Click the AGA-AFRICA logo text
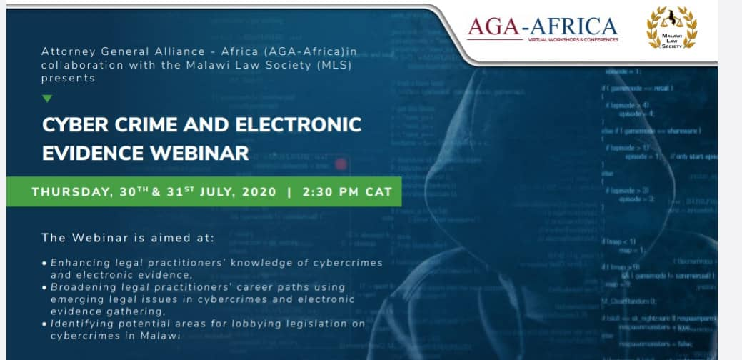(x=543, y=26)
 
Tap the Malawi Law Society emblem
(x=671, y=28)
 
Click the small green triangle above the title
(x=47, y=99)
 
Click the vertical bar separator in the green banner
(x=289, y=192)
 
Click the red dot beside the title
(x=341, y=164)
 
